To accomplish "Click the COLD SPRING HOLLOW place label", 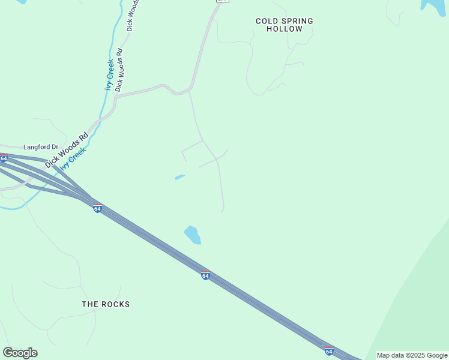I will pos(285,25).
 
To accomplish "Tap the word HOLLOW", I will pos(285,29).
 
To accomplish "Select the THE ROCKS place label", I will pos(106,304).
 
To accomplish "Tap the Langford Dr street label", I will pos(41,146).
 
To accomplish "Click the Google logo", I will pos(20,353).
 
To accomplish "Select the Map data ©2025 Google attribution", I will pos(412,355).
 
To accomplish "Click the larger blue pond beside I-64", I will pos(193,235).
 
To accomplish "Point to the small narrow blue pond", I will pos(179,177).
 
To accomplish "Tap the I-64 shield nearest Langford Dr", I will pos(3,158).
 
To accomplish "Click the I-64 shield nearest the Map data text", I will pos(329,351).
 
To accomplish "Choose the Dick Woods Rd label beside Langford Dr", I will pos(67,149).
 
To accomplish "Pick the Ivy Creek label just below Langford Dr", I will pos(73,158).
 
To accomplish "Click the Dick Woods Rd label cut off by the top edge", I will pos(133,14).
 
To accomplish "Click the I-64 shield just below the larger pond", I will pos(205,275).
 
